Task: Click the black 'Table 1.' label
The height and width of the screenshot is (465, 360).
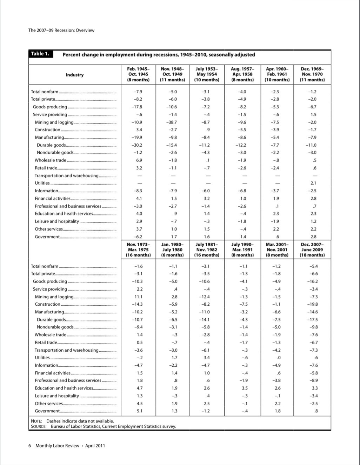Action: (41, 54)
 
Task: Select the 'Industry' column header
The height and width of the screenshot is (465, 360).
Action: (75, 75)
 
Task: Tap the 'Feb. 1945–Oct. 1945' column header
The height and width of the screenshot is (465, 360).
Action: (138, 74)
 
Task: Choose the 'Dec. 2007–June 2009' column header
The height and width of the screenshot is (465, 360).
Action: (312, 250)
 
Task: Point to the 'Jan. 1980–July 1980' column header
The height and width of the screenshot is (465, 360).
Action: (172, 250)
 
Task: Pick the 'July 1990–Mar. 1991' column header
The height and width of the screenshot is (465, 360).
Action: (242, 250)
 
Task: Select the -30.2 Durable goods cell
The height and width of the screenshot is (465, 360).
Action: (136, 145)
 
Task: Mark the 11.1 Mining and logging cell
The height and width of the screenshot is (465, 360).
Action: (139, 297)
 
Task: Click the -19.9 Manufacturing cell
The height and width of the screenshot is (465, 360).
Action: (136, 137)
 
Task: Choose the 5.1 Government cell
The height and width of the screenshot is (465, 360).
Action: (140, 411)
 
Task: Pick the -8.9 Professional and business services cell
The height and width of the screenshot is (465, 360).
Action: (314, 380)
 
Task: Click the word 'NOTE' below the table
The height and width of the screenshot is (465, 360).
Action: (36, 421)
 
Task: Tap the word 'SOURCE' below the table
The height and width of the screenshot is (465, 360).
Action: (39, 426)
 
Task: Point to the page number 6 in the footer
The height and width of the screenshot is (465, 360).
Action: (29, 446)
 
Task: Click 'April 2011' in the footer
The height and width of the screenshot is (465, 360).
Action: (95, 446)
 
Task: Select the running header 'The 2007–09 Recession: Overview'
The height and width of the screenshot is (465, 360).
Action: (61, 30)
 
